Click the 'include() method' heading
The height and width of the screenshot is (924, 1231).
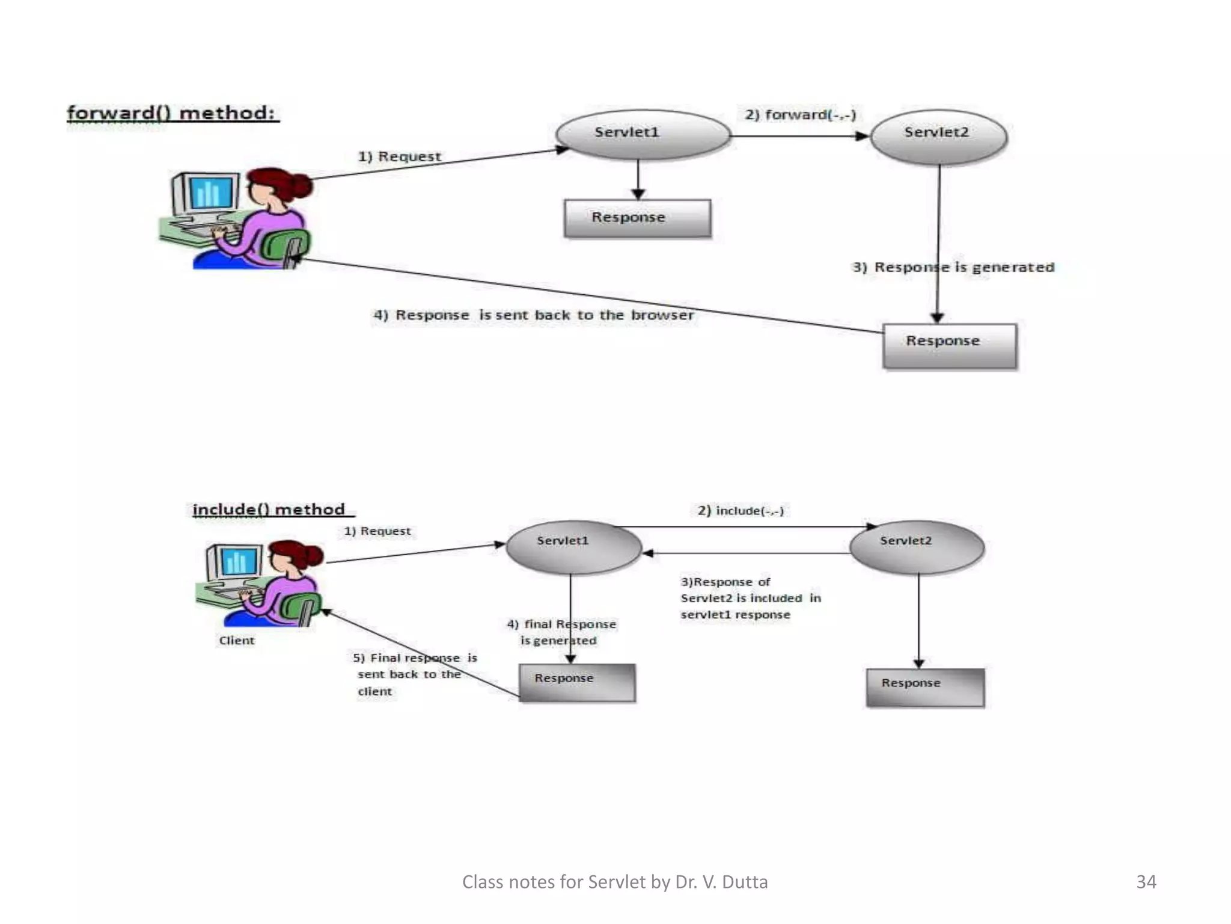point(269,510)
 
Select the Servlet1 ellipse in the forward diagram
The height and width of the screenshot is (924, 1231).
point(643,134)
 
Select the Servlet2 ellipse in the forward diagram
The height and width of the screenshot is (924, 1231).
point(938,135)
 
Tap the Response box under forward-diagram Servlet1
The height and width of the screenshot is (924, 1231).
point(637,218)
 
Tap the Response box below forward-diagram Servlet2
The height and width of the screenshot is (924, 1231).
point(950,345)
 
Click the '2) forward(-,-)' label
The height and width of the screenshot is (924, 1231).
point(800,114)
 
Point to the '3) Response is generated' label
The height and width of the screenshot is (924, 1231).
point(953,267)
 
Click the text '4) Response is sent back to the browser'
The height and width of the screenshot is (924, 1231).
point(533,315)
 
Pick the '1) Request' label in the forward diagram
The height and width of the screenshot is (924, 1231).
point(400,156)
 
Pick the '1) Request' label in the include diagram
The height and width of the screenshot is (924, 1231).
point(377,531)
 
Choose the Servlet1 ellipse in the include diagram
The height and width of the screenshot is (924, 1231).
point(573,546)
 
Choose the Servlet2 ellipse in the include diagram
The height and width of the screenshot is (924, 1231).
point(916,546)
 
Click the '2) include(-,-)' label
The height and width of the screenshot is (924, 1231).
point(741,511)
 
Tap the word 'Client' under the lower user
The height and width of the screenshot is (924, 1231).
point(237,640)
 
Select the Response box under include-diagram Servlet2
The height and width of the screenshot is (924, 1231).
point(924,686)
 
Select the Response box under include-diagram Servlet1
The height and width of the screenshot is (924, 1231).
point(576,682)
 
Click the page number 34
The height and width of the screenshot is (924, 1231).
point(1146,881)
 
